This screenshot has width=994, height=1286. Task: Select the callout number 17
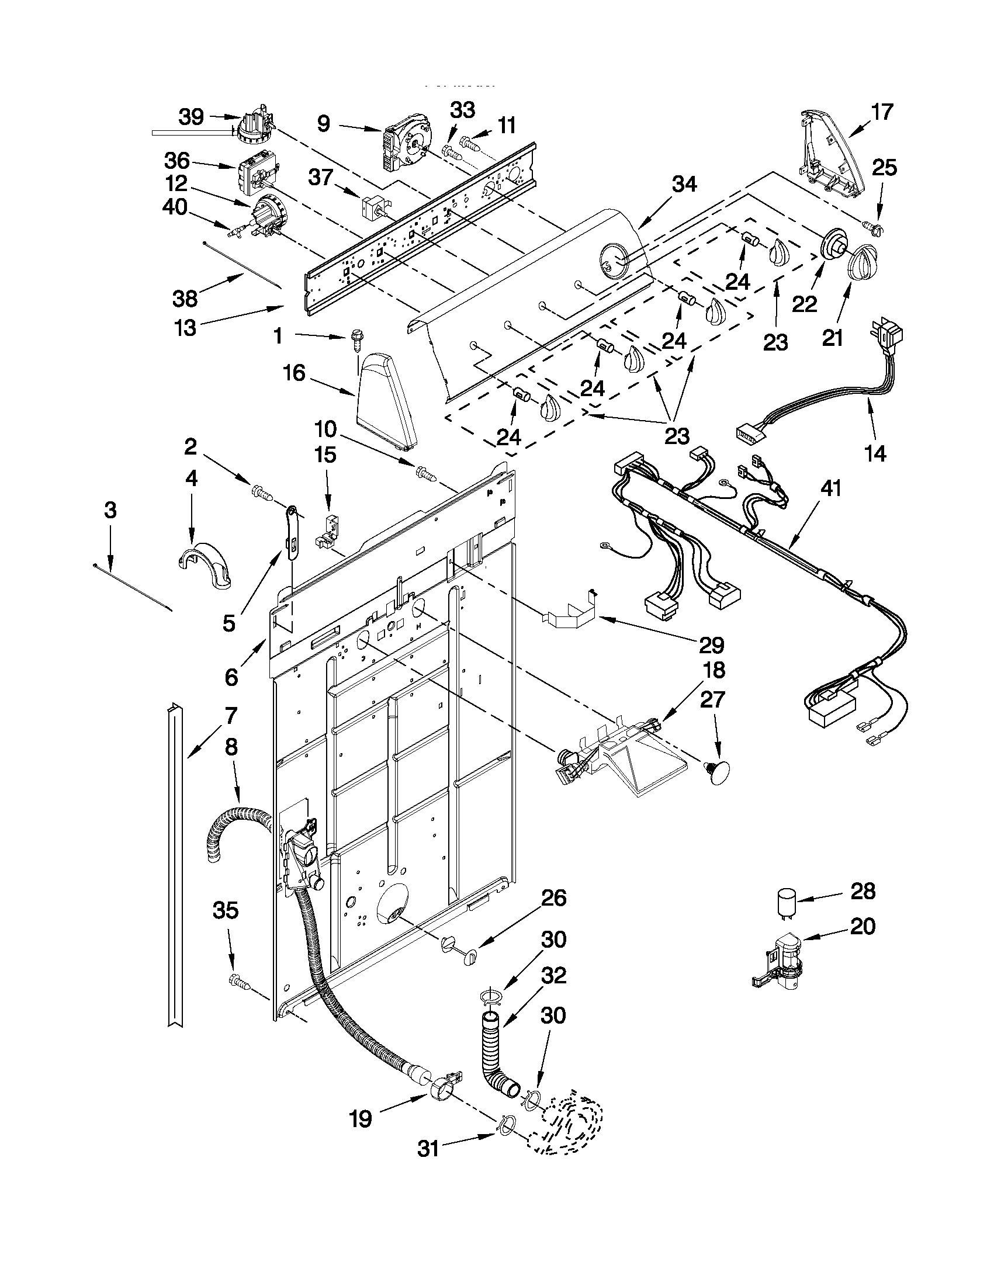(882, 111)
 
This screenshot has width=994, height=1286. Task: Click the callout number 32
(553, 975)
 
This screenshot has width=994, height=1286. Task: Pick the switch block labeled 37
(372, 207)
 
